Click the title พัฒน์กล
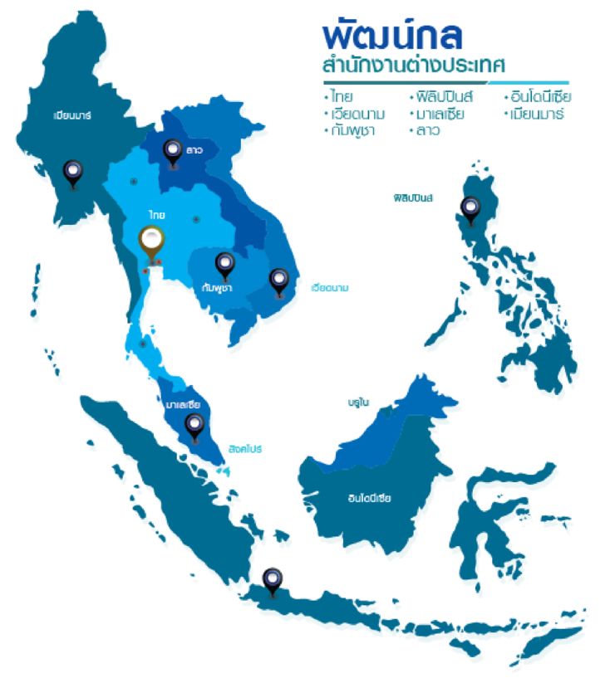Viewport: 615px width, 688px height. (x=391, y=34)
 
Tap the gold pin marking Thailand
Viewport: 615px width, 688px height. (x=151, y=242)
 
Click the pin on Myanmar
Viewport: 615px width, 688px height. (x=73, y=173)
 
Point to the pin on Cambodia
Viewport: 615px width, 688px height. (x=224, y=265)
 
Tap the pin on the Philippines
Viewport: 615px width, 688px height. (x=470, y=208)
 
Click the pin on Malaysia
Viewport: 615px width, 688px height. (x=194, y=426)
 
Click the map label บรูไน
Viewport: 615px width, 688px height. (x=358, y=402)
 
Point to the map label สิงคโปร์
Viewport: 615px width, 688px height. (x=247, y=448)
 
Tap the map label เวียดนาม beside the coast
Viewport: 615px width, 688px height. (x=329, y=289)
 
